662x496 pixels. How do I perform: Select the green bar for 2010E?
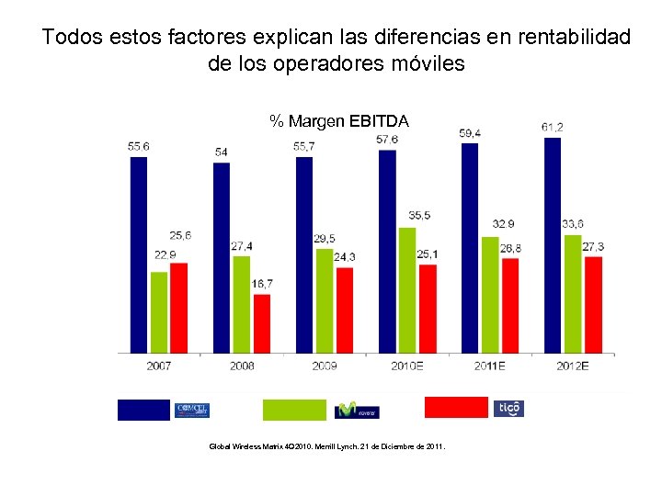coord(407,289)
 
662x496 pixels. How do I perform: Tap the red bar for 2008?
coord(262,323)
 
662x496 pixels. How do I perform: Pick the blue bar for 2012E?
coord(553,245)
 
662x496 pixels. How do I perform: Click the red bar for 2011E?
coord(510,305)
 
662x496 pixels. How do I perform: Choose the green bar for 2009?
coord(325,300)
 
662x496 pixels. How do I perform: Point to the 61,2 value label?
coord(553,127)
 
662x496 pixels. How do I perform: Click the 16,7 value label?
coord(262,284)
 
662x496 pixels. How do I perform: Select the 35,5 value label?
coord(419,215)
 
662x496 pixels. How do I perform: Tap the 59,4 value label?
coord(470,133)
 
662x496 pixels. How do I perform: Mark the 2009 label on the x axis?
coord(325,366)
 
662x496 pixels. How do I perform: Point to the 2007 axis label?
coord(158,366)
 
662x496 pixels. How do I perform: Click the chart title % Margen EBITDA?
coord(339,120)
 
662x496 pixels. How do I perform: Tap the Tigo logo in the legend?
coord(508,409)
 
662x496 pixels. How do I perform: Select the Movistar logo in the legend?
coord(357,410)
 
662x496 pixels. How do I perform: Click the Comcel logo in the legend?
coord(192,410)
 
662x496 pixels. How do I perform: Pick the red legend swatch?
coord(455,408)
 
